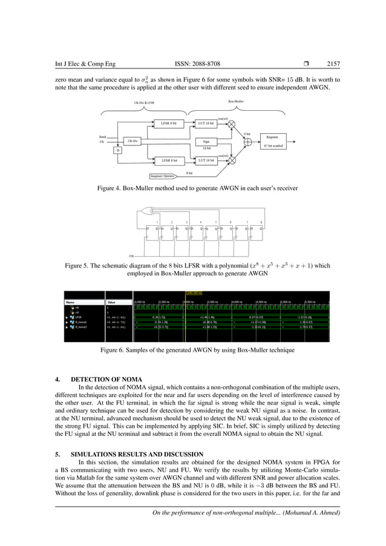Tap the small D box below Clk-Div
click(117, 150)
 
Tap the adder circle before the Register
click(248, 141)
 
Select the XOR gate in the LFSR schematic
click(146, 211)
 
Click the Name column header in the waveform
click(70, 301)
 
